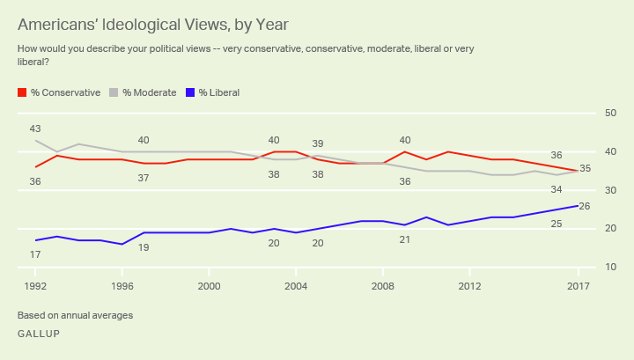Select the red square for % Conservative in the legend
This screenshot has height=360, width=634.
coord(22,92)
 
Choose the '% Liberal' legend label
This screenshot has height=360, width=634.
coord(218,92)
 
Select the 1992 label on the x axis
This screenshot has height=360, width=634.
coord(35,286)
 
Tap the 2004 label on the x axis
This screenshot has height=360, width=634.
coord(296,286)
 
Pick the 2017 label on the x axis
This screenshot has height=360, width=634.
coord(578,286)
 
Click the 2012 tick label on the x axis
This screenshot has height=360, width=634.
coord(469,286)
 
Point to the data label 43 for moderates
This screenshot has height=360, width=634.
coord(36,129)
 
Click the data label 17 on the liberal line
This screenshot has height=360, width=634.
coord(36,254)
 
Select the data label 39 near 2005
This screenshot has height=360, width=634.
coord(318,143)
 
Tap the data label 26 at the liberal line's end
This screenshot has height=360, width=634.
coord(583,207)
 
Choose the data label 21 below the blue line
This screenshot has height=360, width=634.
coord(405,239)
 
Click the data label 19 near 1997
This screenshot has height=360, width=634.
coord(144,247)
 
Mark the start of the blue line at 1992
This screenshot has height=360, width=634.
coord(36,240)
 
